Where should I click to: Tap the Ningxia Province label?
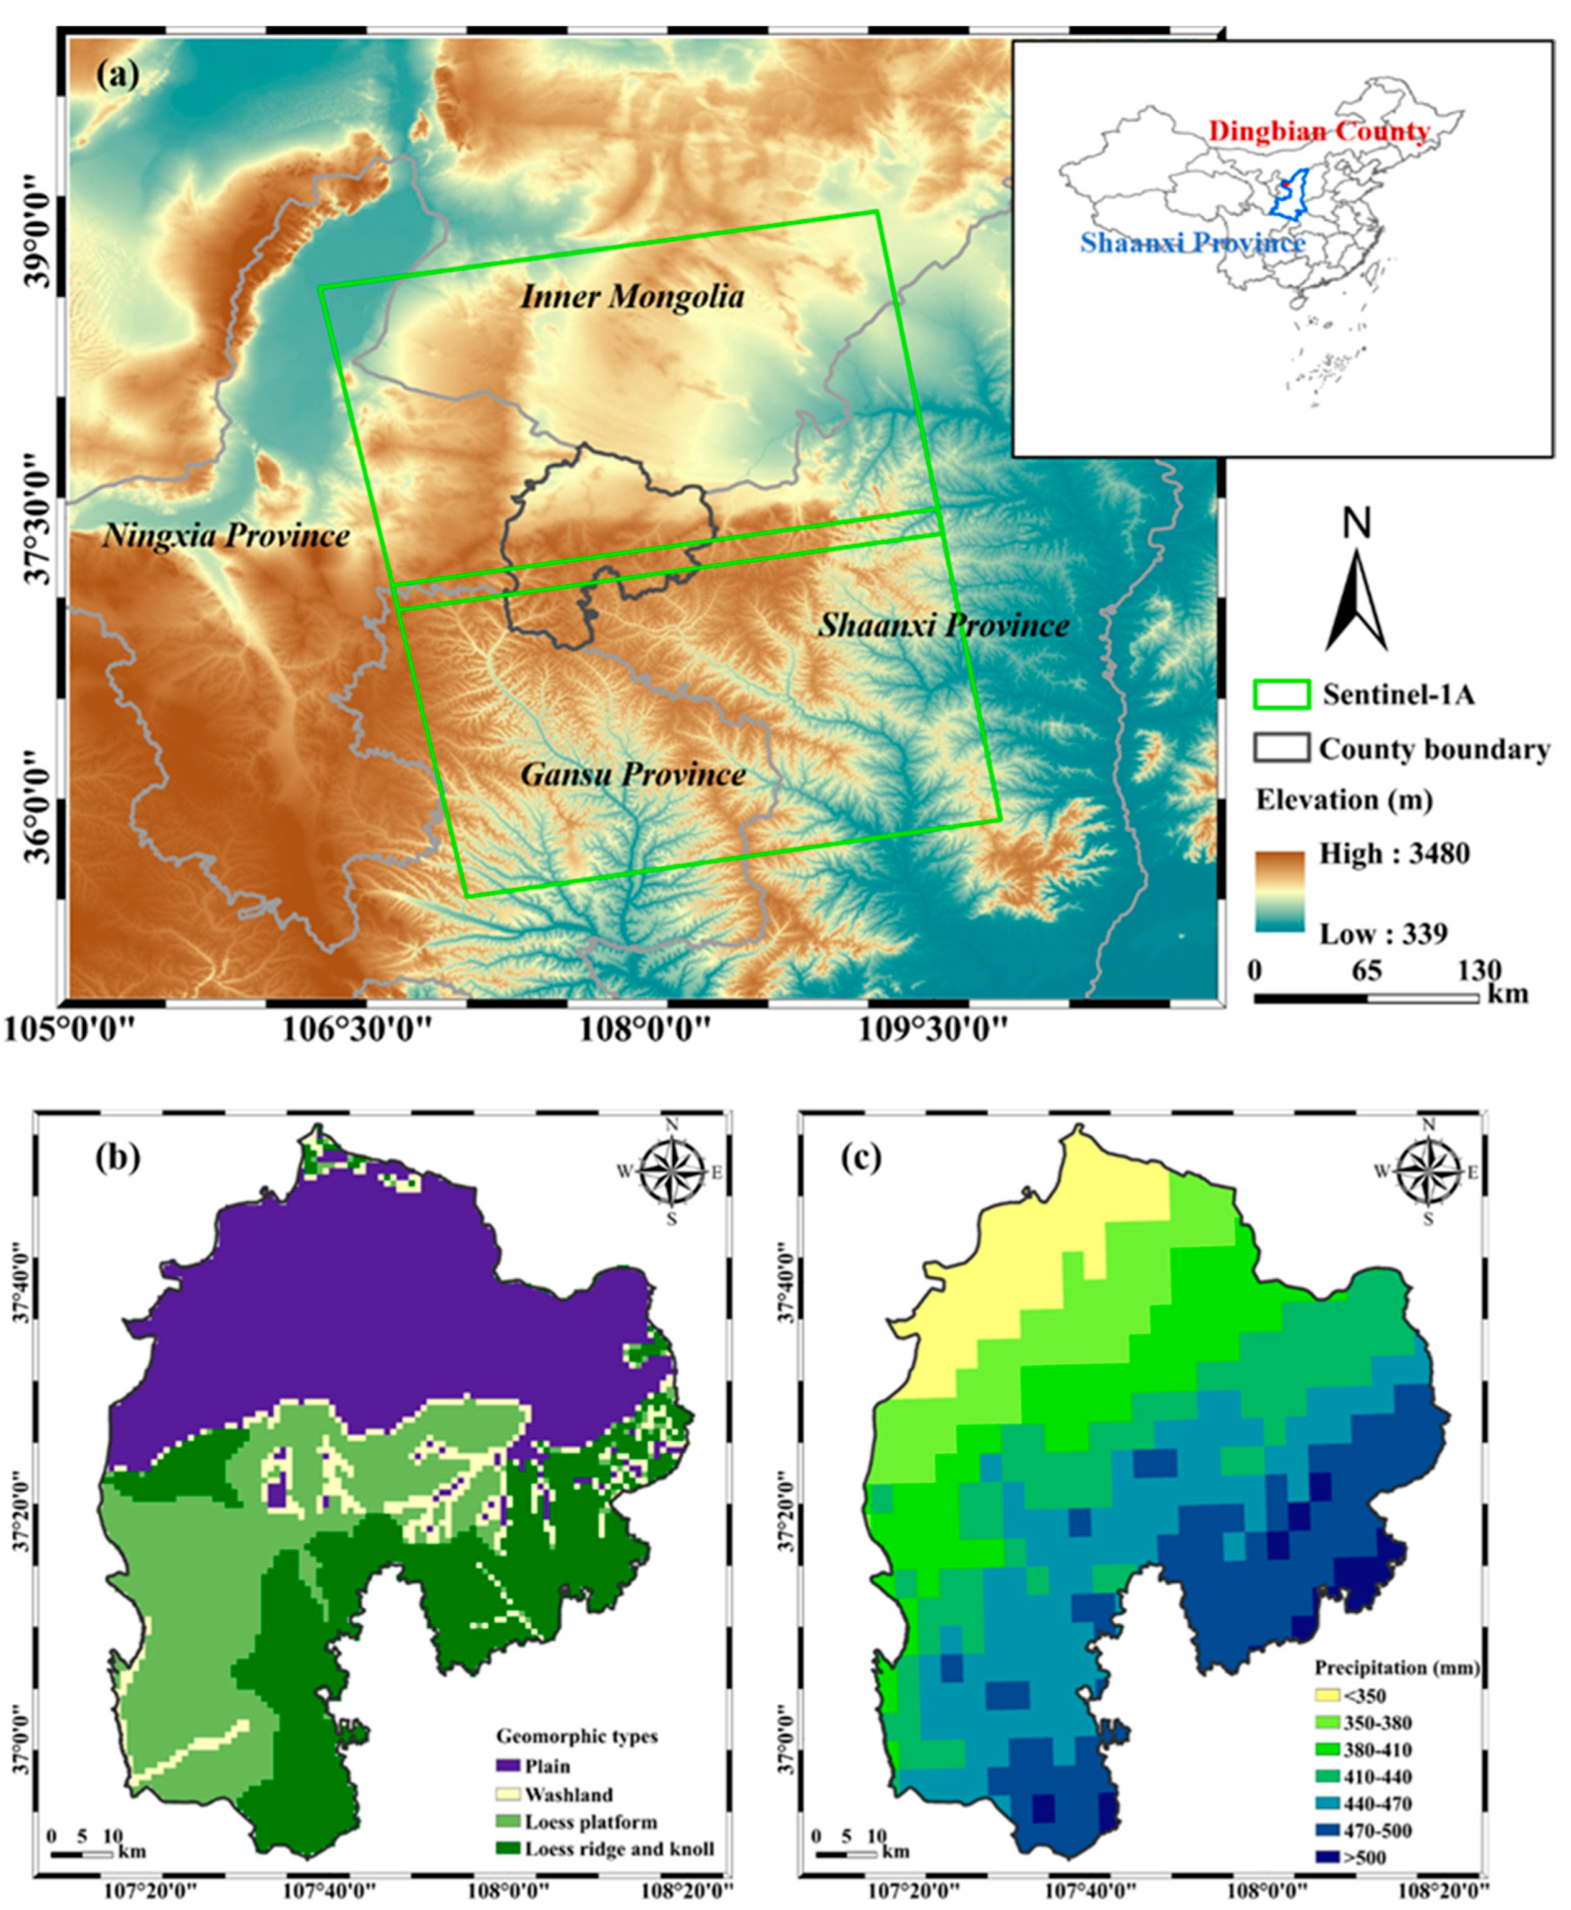[225, 535]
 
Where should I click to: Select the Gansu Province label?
[632, 775]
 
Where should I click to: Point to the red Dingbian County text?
[1319, 132]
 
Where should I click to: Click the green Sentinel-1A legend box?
[1281, 694]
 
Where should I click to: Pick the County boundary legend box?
[1281, 748]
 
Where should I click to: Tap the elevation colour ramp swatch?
[1279, 891]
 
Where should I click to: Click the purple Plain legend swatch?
[509, 1765]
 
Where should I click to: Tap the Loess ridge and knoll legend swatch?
[509, 1849]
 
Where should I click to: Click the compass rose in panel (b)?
[671, 1171]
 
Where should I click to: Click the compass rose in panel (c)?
[1428, 1171]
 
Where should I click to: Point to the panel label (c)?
[861, 1159]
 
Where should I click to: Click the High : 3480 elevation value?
[1394, 853]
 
